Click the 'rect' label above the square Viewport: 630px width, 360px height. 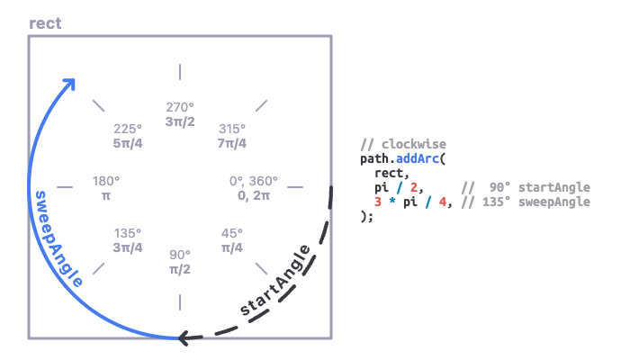pos(45,22)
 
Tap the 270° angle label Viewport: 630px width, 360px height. pos(180,106)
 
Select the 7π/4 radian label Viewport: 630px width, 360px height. pos(231,143)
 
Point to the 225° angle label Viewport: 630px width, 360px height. pos(129,128)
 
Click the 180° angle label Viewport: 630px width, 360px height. pos(106,181)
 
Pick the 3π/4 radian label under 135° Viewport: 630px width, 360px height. pos(129,247)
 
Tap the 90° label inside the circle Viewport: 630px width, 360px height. pos(180,255)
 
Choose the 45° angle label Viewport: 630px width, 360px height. pos(231,233)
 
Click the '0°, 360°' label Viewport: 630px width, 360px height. pos(255,181)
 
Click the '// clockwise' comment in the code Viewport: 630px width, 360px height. pos(402,144)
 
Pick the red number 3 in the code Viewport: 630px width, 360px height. pos(379,202)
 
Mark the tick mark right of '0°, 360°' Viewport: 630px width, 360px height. pos(295,187)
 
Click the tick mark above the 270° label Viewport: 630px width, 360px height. pos(180,71)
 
